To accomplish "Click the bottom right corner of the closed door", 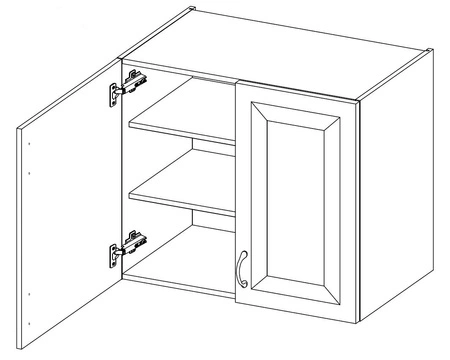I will (x=357, y=320).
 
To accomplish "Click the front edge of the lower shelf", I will (x=180, y=205).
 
